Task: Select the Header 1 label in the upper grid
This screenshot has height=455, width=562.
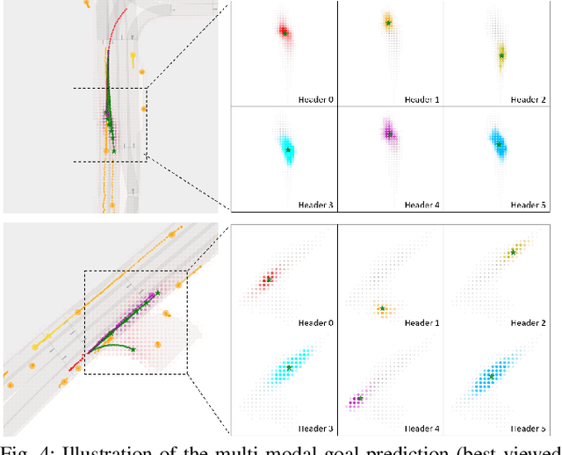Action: click(422, 99)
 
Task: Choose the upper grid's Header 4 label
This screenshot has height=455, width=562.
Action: click(422, 205)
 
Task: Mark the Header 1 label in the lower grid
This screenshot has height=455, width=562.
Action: click(422, 323)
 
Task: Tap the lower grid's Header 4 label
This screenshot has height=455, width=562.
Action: click(422, 428)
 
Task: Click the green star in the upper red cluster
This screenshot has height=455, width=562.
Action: click(285, 33)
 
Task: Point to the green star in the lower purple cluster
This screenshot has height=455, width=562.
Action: click(360, 398)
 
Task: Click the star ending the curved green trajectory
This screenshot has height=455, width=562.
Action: click(133, 350)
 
